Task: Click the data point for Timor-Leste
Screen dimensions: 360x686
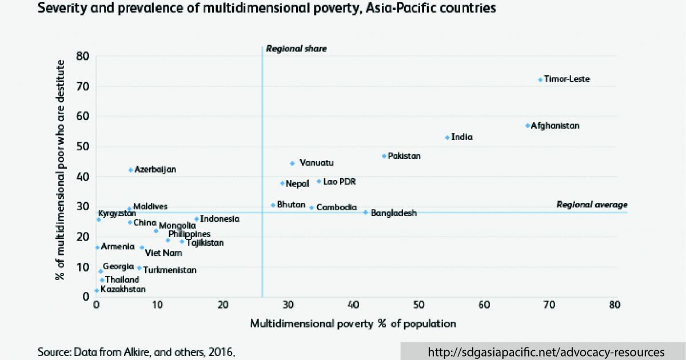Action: click(540, 79)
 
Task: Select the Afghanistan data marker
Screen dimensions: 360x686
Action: click(528, 125)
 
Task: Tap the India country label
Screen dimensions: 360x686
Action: click(462, 137)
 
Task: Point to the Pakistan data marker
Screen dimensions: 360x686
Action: click(384, 155)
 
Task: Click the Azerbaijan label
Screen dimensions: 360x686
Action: click(155, 170)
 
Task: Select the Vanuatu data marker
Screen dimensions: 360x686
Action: click(292, 163)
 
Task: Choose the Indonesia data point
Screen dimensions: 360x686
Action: click(196, 218)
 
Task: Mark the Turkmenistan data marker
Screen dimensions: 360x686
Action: click(139, 267)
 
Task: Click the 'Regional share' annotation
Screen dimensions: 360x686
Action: click(296, 49)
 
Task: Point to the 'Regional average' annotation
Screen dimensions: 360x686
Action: click(592, 205)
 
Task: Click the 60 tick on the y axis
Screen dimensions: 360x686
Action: click(83, 117)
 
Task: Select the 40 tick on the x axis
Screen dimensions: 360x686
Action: click(354, 305)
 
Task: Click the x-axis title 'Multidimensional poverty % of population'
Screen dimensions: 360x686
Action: click(353, 324)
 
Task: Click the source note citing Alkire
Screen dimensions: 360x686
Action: click(137, 351)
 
